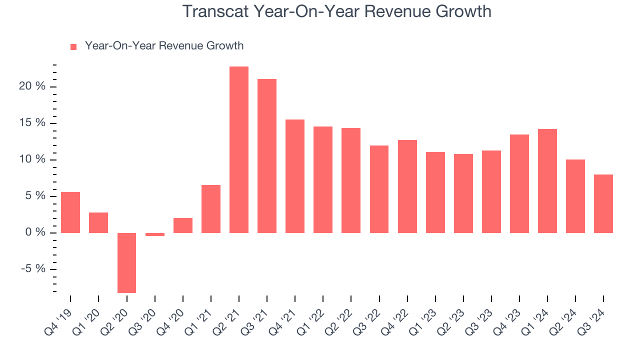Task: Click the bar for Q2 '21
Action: [x=239, y=149]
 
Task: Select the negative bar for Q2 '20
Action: [x=126, y=262]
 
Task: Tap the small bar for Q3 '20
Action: [x=154, y=234]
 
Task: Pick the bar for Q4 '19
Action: [x=70, y=212]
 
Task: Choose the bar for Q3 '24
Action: [x=603, y=203]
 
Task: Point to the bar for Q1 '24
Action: [x=547, y=181]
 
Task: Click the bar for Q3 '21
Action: [x=267, y=156]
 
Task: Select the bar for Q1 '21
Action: [x=211, y=209]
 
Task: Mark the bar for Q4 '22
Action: [x=407, y=186]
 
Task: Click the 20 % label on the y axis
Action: [x=32, y=86]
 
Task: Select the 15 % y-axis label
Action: [x=32, y=123]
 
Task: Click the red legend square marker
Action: [x=73, y=46]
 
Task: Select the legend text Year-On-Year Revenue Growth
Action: [x=164, y=46]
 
